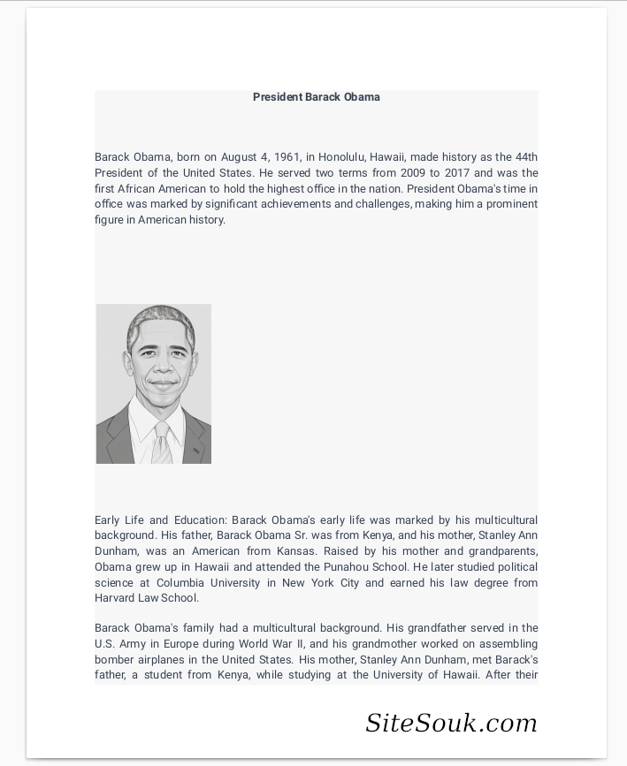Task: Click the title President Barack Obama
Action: (x=316, y=97)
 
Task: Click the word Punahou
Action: (x=347, y=567)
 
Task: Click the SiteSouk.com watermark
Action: (x=451, y=724)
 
